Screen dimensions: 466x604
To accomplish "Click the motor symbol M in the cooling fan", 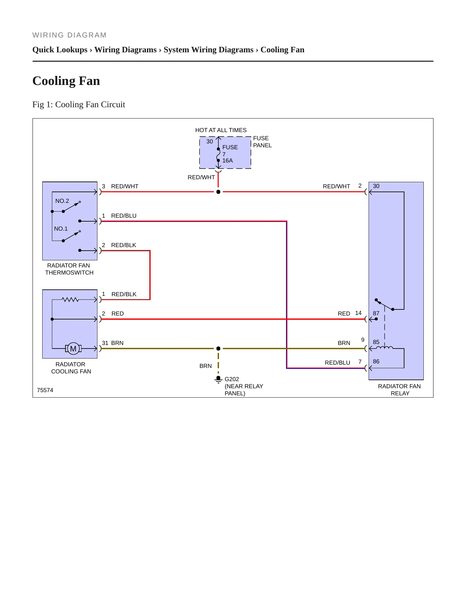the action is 73,349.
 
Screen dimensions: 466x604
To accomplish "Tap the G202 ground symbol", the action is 218,380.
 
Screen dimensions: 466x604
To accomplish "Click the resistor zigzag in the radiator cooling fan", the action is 70,300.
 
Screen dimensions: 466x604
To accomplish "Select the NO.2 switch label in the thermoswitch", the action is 62,201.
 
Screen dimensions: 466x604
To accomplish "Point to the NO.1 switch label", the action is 61,229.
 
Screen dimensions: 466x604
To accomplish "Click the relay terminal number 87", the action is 376,313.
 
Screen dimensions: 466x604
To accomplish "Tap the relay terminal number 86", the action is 376,361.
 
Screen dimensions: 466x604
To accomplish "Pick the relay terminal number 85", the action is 376,342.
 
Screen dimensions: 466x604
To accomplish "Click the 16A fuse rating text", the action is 227,161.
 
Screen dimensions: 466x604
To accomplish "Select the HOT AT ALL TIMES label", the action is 221,130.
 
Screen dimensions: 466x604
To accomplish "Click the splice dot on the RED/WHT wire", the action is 218,192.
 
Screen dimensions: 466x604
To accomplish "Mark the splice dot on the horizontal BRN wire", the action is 218,349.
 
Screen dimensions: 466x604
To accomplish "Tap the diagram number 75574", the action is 45,390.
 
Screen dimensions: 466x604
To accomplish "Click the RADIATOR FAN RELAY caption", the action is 400,390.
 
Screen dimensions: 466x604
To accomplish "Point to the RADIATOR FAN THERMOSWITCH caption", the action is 69,269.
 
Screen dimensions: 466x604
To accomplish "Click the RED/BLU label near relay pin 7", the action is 337,363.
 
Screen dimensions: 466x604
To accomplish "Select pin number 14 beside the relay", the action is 358,313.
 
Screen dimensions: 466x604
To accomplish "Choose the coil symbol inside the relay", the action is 385,348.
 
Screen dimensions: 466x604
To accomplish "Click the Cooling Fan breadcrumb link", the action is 283,50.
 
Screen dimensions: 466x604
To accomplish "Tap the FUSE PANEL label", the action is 262,142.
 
